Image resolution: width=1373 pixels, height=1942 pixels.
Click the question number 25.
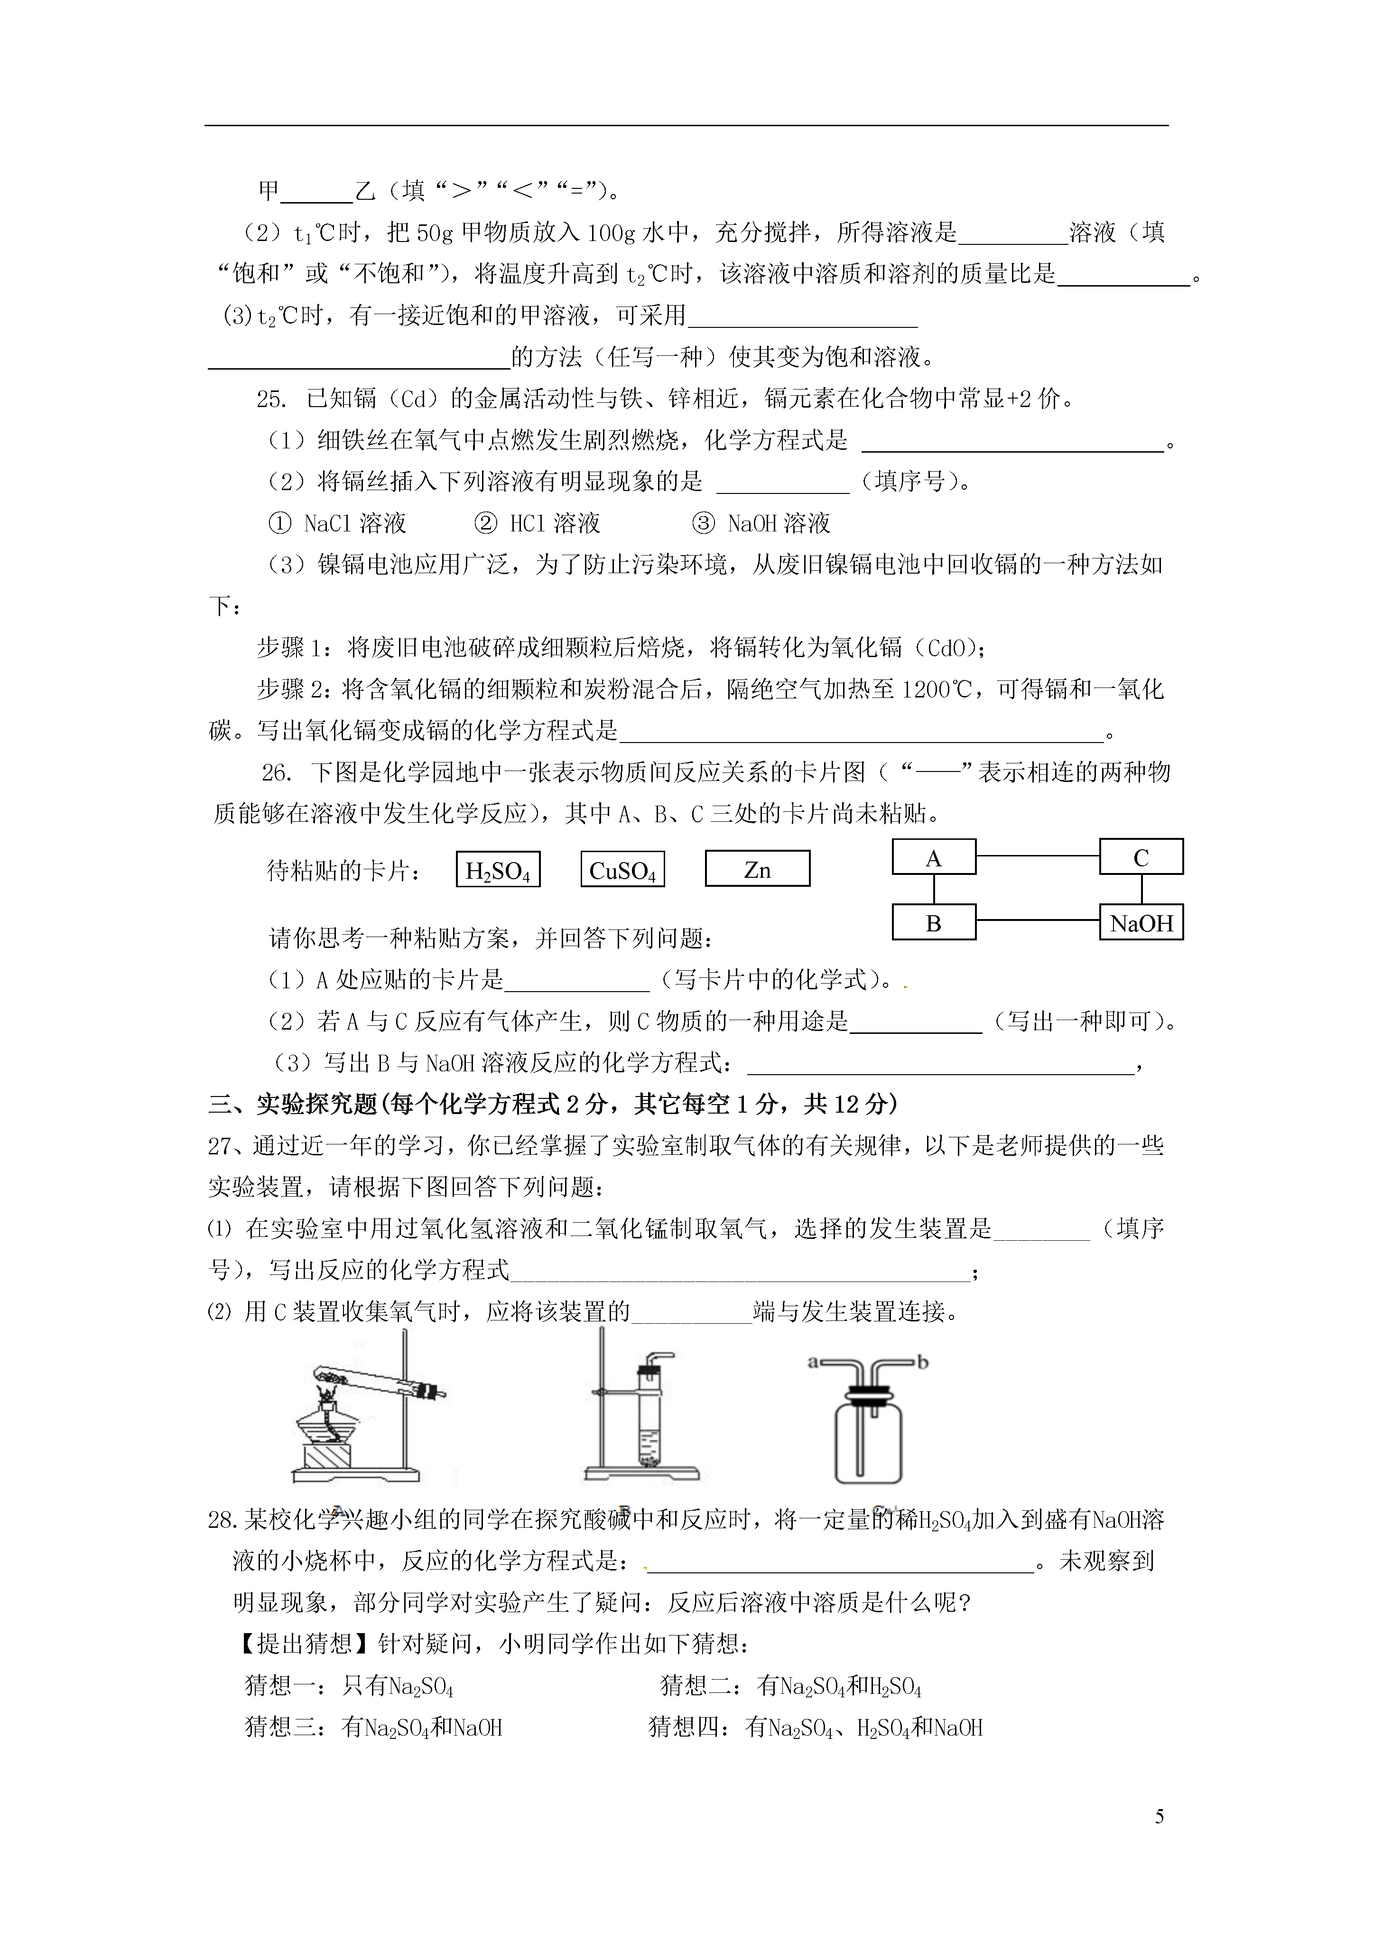[272, 399]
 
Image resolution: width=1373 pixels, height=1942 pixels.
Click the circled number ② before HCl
[486, 523]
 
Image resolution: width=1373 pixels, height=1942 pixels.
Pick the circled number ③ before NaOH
[703, 523]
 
